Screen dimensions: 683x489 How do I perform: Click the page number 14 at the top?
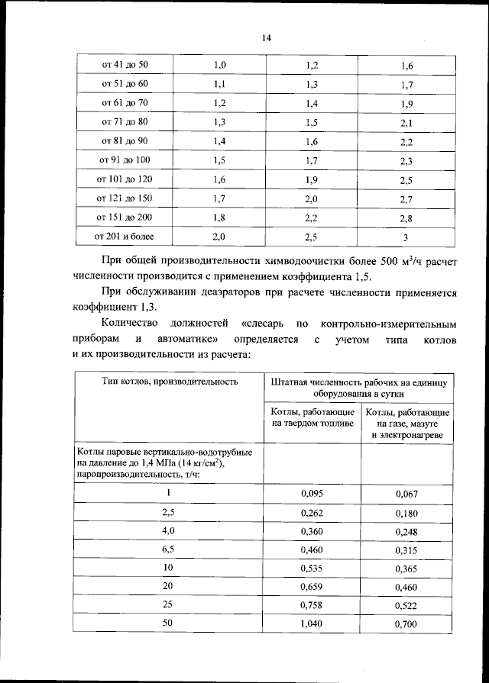(x=267, y=37)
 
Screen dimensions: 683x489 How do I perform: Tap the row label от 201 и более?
(x=125, y=237)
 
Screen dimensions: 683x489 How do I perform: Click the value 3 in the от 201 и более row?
(x=405, y=238)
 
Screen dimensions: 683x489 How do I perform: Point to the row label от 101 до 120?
(x=125, y=179)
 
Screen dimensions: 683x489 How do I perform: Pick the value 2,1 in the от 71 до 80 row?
(x=405, y=123)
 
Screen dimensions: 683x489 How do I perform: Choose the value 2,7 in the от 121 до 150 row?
(x=405, y=200)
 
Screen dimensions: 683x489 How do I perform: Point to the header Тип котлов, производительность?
(x=169, y=380)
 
